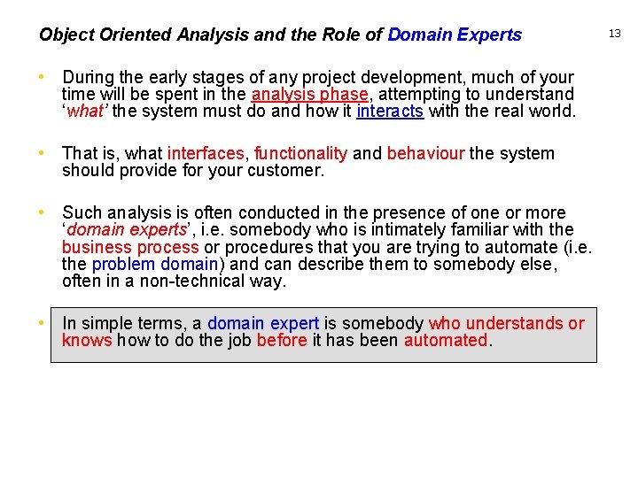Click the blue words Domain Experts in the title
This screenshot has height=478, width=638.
(455, 35)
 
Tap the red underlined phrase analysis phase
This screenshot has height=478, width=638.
(309, 95)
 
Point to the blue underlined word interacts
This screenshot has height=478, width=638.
(390, 112)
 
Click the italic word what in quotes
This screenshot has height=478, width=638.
(84, 112)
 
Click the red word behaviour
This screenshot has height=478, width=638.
(425, 153)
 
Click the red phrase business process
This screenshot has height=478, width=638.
(130, 247)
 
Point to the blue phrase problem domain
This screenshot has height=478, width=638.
(155, 264)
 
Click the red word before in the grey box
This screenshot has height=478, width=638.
(282, 340)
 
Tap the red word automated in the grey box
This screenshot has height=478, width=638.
(446, 340)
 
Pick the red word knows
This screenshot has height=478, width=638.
(87, 340)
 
